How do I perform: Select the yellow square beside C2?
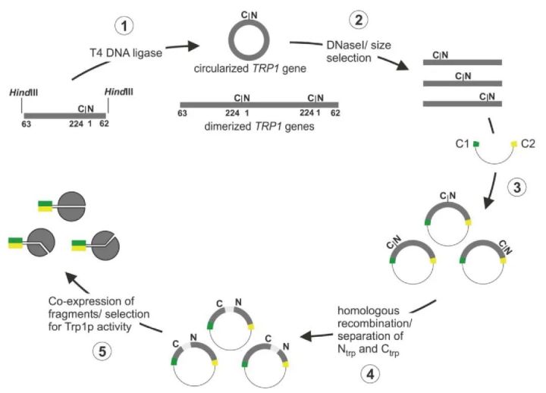[513, 143]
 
